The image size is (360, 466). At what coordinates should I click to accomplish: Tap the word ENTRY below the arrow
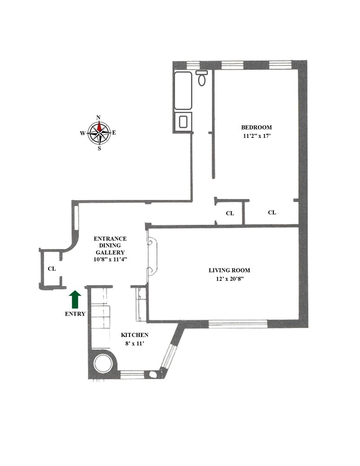(x=75, y=314)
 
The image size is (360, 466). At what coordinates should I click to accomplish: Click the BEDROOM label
(x=256, y=127)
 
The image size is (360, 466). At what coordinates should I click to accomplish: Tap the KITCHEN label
(x=135, y=335)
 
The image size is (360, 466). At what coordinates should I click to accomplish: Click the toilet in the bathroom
(x=202, y=78)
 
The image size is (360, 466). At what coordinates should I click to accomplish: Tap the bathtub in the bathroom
(x=183, y=90)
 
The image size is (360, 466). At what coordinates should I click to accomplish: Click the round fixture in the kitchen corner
(x=103, y=364)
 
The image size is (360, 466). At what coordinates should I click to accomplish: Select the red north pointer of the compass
(x=99, y=127)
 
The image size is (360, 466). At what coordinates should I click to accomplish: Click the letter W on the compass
(x=82, y=133)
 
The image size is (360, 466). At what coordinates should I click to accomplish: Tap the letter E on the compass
(x=114, y=133)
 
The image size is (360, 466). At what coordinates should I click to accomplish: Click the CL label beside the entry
(x=52, y=269)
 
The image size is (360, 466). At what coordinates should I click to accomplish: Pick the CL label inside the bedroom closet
(x=272, y=212)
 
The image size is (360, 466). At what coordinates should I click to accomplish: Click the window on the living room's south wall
(x=238, y=322)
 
